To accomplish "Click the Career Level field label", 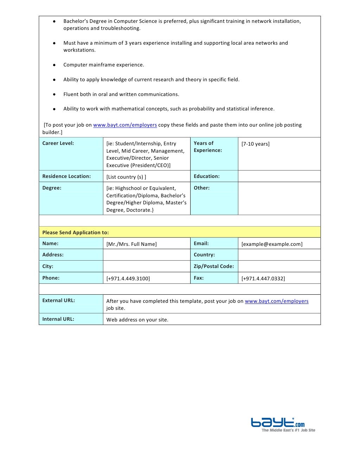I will (x=58, y=143).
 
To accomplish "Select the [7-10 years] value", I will (x=256, y=144).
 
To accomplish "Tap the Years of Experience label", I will (x=207, y=147).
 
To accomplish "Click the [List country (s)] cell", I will (x=126, y=177).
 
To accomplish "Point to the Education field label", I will (x=206, y=176).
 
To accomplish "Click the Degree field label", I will (x=52, y=188).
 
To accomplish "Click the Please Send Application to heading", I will (x=75, y=232).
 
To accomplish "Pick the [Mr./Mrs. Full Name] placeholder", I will (x=131, y=244).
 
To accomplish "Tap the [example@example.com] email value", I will (x=272, y=244).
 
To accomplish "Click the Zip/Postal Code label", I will (x=213, y=266).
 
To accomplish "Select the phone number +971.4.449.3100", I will (x=128, y=279).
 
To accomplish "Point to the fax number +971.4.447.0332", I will (x=263, y=279).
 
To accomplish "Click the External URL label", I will (x=58, y=300).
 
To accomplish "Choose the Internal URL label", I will (x=58, y=319).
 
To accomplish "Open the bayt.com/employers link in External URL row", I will (x=276, y=301).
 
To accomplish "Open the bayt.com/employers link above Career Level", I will (x=125, y=125).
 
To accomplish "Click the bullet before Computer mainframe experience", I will (x=54, y=65).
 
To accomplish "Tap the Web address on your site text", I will (x=137, y=320).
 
